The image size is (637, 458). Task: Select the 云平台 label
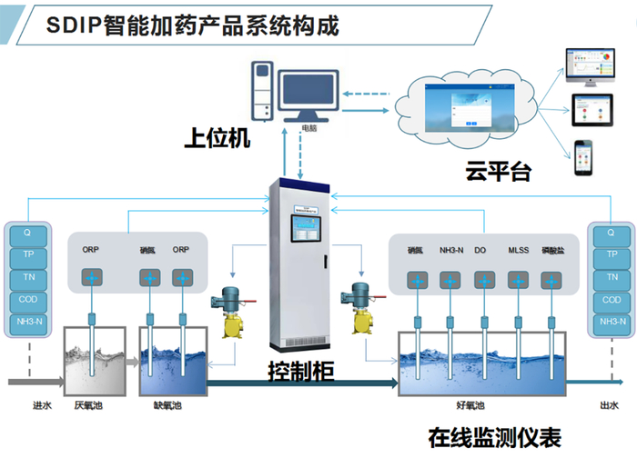[497, 171]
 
